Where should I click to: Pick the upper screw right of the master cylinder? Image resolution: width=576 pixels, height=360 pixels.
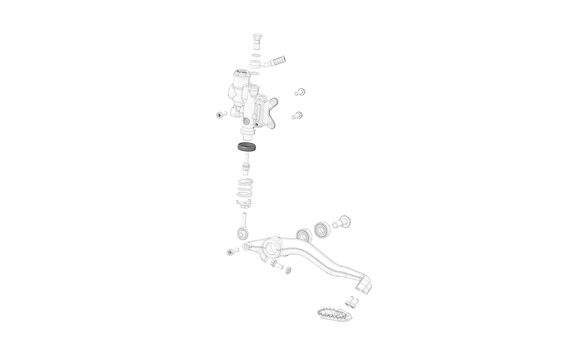(300, 92)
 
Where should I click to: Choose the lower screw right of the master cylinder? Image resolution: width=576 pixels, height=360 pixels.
(297, 115)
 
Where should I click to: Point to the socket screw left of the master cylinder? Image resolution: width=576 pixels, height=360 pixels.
(220, 115)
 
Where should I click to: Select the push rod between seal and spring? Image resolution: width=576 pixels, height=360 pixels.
(246, 164)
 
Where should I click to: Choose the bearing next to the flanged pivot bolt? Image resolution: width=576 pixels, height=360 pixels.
(322, 229)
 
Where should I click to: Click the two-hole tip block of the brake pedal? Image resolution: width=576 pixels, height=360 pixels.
(364, 286)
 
